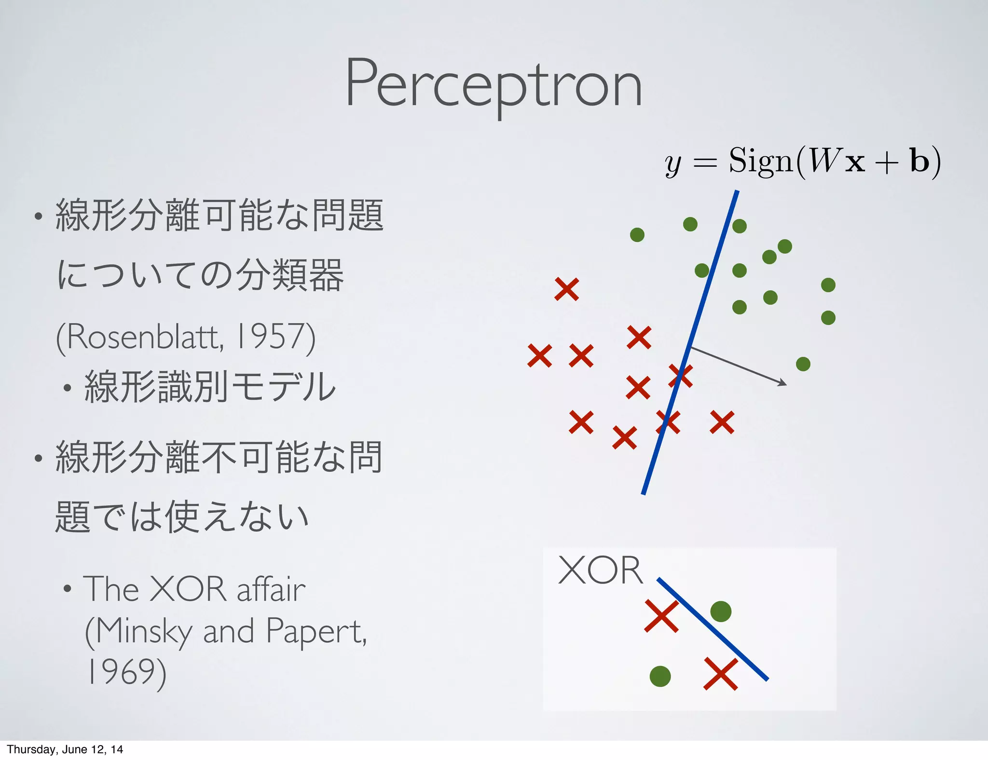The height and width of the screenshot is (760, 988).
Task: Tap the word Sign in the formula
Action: coord(760,161)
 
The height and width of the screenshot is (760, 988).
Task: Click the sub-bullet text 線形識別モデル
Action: coord(209,387)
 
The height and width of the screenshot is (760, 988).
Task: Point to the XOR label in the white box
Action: coord(600,570)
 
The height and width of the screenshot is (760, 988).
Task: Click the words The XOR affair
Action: coord(194,589)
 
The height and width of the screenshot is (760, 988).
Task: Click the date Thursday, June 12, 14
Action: coord(65,749)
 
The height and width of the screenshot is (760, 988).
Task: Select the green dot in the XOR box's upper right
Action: coord(721,611)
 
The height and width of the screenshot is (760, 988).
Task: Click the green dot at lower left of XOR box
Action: coord(660,676)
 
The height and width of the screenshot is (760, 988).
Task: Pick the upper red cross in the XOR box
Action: coord(661,616)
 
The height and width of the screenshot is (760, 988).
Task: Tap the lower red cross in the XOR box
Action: coord(721,674)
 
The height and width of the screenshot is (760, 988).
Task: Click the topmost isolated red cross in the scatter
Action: coord(566,289)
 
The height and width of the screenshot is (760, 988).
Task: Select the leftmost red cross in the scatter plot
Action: coord(539,356)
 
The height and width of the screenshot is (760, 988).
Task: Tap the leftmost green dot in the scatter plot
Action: coord(637,235)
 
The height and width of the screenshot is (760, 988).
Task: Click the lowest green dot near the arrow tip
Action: coord(803,364)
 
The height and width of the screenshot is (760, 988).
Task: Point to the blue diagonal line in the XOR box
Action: coord(712,629)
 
